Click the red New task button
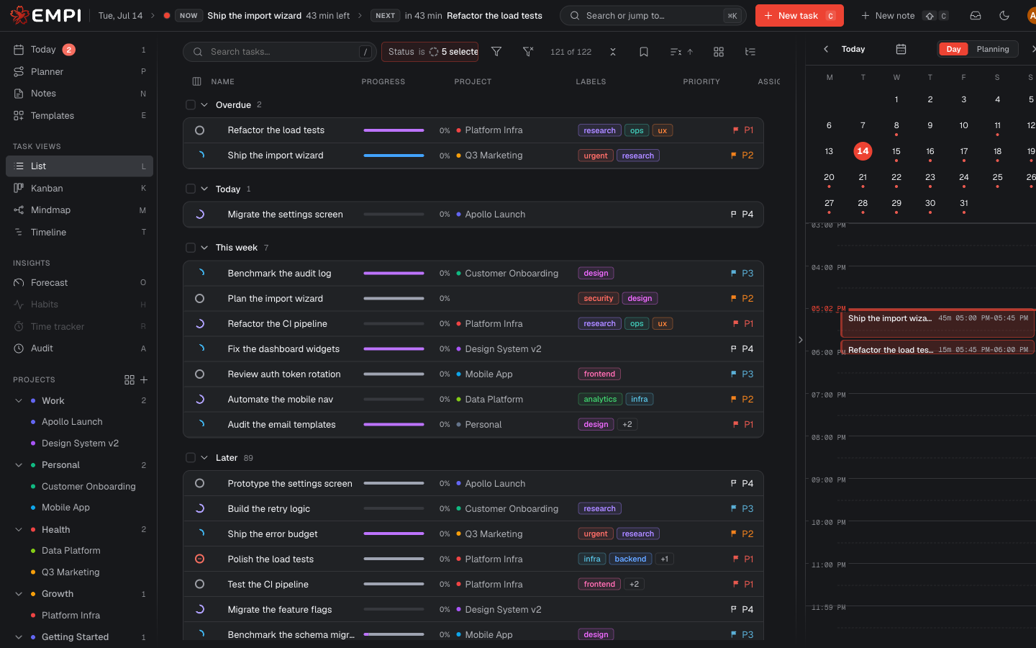click(x=799, y=16)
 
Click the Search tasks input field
click(x=279, y=52)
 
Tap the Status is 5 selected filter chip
click(x=430, y=52)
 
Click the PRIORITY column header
click(x=701, y=81)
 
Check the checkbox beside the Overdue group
click(x=191, y=104)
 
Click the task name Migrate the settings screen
click(x=285, y=215)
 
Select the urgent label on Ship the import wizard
click(x=595, y=156)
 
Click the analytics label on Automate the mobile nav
click(x=600, y=399)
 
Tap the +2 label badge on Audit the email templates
click(x=627, y=425)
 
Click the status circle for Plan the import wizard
click(x=199, y=299)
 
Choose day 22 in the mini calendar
click(x=896, y=177)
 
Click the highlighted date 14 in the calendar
click(x=863, y=151)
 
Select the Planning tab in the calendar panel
click(x=993, y=49)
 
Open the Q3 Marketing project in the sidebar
click(x=71, y=572)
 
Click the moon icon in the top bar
click(x=1004, y=16)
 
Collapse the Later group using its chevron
click(x=204, y=458)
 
